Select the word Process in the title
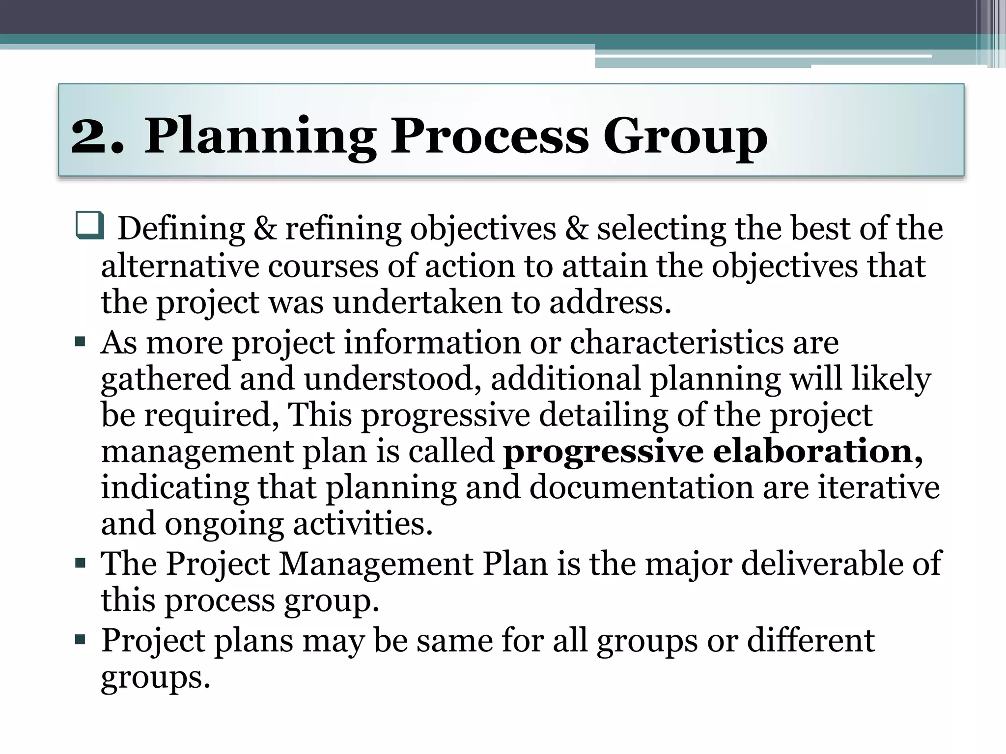(489, 136)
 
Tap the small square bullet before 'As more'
(81, 341)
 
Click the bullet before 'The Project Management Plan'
(81, 562)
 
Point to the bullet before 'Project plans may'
(81, 640)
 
